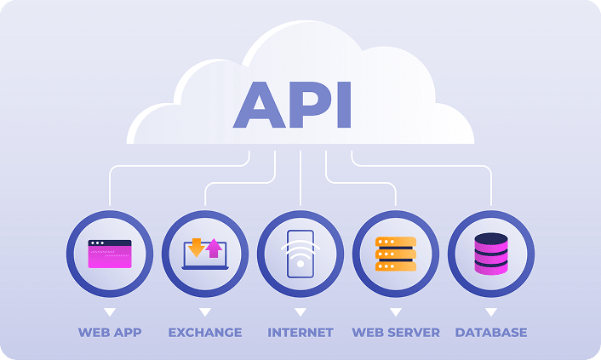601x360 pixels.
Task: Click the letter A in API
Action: (x=259, y=106)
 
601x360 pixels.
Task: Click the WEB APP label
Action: (x=110, y=332)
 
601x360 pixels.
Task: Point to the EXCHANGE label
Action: (x=205, y=332)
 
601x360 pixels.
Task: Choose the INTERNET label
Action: (x=300, y=332)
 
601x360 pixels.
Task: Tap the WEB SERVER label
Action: (x=396, y=332)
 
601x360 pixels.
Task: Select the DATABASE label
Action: (x=491, y=332)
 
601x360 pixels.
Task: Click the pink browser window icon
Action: (x=110, y=254)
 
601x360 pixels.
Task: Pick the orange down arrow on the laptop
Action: (x=197, y=247)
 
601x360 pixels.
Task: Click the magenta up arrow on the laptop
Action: (x=214, y=248)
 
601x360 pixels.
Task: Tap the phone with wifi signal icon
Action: (x=300, y=254)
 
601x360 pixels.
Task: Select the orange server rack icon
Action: (x=396, y=254)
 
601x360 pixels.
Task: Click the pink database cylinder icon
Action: (x=491, y=254)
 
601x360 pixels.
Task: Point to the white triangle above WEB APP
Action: (x=110, y=312)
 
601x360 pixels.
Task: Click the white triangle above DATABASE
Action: (x=491, y=312)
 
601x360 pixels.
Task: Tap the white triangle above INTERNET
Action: (x=300, y=312)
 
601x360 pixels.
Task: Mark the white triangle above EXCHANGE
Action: (x=205, y=312)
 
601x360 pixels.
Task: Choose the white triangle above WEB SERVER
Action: (x=396, y=312)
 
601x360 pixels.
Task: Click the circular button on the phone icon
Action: (x=300, y=265)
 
